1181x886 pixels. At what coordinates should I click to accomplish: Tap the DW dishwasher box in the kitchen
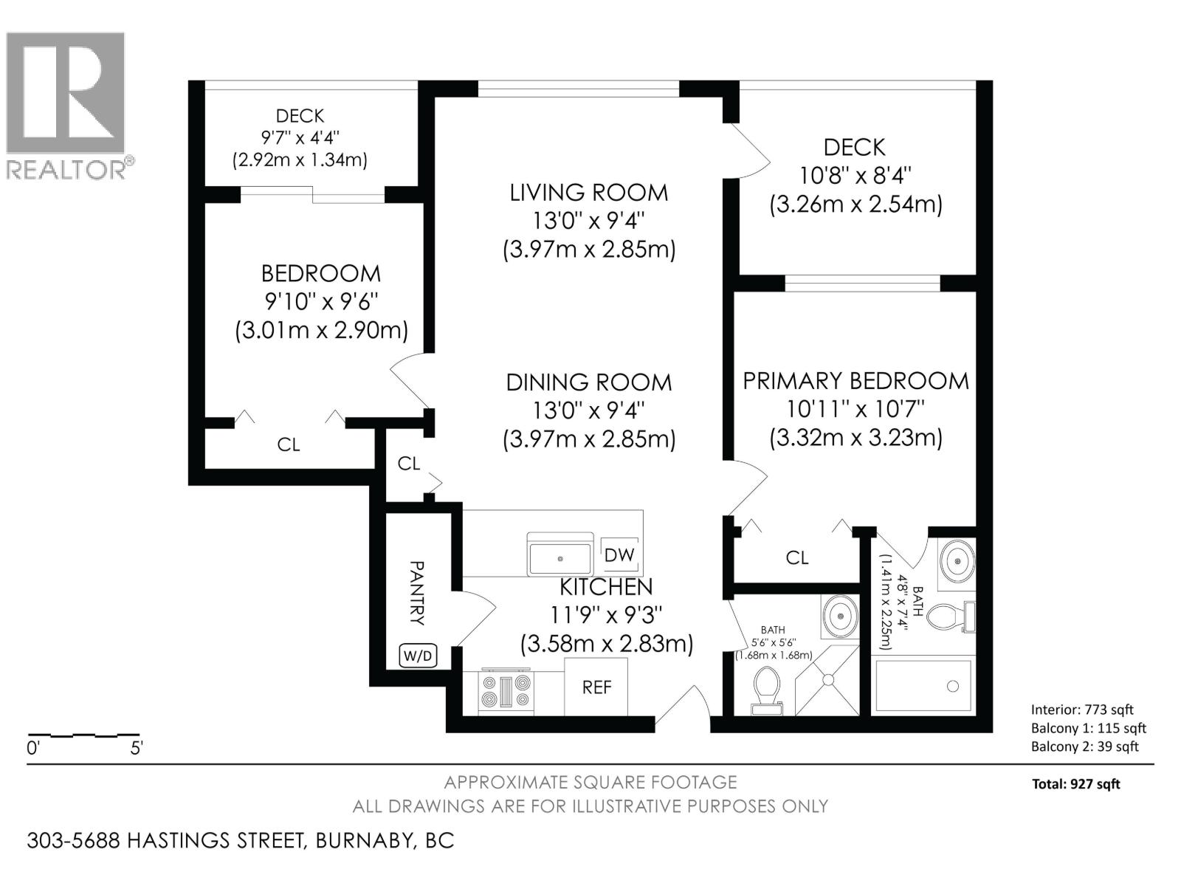[x=619, y=554]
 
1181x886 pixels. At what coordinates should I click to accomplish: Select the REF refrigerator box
[x=596, y=687]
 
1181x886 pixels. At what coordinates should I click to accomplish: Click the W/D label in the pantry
[x=418, y=656]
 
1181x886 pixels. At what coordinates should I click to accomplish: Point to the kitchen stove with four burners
[x=506, y=692]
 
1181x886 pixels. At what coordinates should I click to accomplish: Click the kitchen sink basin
[x=559, y=559]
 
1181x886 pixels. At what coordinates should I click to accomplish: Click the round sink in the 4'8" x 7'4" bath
[x=957, y=562]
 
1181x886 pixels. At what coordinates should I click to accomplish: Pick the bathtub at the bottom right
[x=923, y=686]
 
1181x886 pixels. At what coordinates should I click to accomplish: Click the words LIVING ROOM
[x=588, y=193]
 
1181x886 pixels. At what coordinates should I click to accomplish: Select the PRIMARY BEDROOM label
[x=855, y=381]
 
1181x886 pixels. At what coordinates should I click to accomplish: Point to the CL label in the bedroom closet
[x=288, y=444]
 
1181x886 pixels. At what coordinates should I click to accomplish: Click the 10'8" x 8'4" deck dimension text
[x=855, y=176]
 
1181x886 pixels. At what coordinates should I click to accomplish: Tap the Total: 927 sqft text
[x=1075, y=784]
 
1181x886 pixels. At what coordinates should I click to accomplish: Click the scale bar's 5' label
[x=136, y=748]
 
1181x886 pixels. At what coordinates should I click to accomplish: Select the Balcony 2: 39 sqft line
[x=1084, y=746]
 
